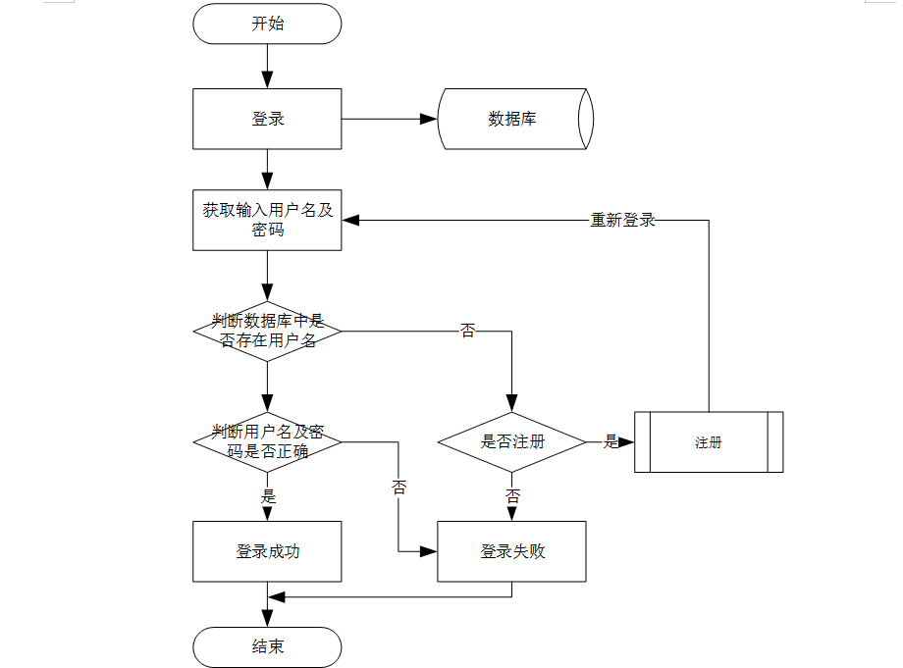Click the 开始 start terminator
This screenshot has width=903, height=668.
267,24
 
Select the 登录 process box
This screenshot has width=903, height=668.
267,119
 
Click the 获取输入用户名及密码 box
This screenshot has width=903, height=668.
267,220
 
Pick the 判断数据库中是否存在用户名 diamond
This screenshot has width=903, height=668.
267,332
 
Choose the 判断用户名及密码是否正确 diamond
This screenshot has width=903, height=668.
267,441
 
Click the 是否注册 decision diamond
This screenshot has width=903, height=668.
511,441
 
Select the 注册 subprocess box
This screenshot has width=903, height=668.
708,442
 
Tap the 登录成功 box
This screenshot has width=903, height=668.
267,551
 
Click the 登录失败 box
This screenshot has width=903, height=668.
511,551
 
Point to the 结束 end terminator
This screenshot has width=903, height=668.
267,647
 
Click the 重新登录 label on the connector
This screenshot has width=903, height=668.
622,221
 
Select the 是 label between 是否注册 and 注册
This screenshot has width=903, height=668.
611,442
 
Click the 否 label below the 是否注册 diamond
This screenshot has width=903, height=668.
512,496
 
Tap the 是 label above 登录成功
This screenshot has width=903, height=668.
268,496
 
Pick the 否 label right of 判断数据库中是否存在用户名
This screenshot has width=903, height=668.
468,332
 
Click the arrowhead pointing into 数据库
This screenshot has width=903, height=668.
429,119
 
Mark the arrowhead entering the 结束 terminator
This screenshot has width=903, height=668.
267,620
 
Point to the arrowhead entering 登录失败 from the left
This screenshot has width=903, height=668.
429,551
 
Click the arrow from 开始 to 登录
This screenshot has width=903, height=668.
267,66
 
